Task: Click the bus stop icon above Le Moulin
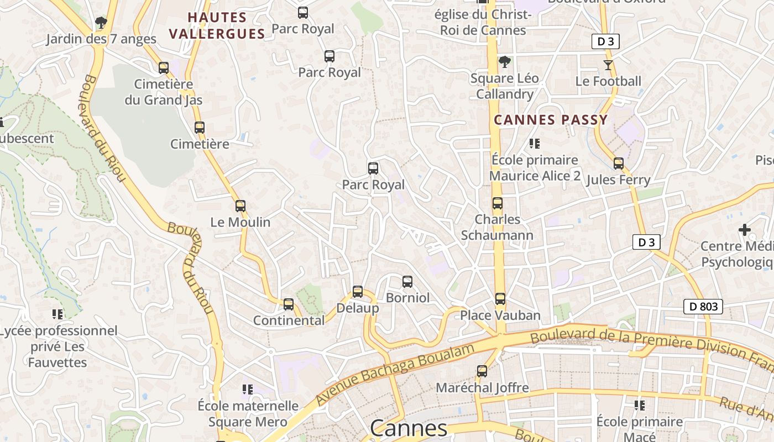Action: [x=240, y=206]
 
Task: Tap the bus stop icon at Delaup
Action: [x=358, y=292]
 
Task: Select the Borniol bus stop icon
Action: [x=407, y=282]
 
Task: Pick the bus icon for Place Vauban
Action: [x=500, y=299]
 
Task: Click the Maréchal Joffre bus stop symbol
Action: [x=482, y=371]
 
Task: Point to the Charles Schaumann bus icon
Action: [x=498, y=203]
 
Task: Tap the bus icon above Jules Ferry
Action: [x=619, y=164]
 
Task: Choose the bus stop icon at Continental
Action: [x=289, y=304]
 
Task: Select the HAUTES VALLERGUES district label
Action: [x=217, y=25]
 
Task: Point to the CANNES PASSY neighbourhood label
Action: [x=551, y=120]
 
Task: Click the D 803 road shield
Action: [x=703, y=307]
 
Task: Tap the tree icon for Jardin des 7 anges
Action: [x=101, y=23]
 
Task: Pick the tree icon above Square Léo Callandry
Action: [x=504, y=62]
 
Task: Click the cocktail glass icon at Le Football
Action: [x=608, y=65]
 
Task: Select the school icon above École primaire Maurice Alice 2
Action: [x=534, y=144]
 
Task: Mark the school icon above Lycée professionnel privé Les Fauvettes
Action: [x=57, y=314]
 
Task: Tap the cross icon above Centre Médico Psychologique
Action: [x=745, y=229]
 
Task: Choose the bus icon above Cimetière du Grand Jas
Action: [x=164, y=68]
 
